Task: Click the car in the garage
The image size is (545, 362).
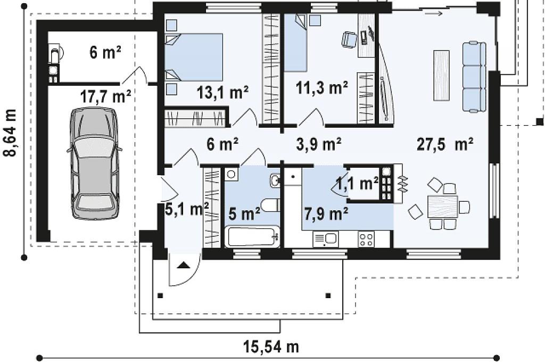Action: [94, 163]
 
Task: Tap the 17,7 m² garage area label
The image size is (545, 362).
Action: [106, 96]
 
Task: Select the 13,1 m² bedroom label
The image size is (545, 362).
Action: [222, 93]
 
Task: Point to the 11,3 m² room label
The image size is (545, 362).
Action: [322, 88]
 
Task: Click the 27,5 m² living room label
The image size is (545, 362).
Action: [445, 144]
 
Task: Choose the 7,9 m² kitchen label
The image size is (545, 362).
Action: [326, 213]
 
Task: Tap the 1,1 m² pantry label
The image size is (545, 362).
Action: [357, 183]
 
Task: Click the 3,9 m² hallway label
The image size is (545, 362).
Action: [319, 144]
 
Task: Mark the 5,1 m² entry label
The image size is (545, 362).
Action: [187, 209]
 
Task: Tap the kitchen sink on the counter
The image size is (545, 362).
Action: [325, 239]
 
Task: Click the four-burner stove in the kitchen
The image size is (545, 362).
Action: [366, 239]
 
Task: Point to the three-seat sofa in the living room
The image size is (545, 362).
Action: [474, 77]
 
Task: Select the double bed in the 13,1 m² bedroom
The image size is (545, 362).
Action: [194, 57]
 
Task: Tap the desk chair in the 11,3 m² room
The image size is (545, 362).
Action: [349, 39]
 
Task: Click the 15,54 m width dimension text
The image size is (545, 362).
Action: [271, 347]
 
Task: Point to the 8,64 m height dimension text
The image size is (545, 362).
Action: [11, 133]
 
